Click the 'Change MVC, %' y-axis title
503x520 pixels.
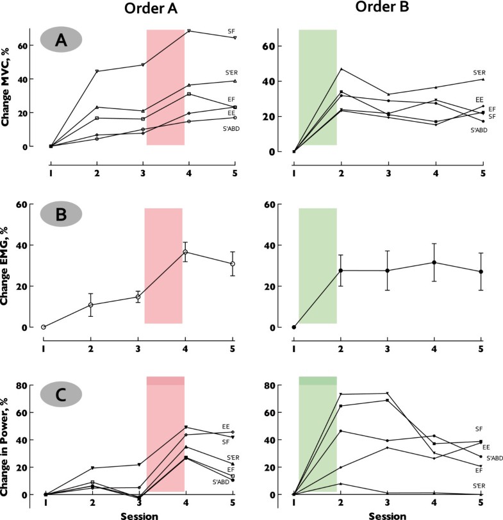click(x=11, y=88)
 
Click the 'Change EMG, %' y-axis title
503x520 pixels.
click(x=11, y=268)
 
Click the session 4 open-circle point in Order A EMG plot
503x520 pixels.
click(x=185, y=252)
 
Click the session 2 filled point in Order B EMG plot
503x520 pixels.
click(x=341, y=271)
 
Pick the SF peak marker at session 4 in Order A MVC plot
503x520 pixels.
click(x=188, y=31)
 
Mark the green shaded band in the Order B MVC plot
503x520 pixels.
click(x=318, y=87)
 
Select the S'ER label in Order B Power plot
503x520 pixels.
click(x=478, y=487)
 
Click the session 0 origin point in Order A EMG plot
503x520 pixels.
click(x=44, y=327)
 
